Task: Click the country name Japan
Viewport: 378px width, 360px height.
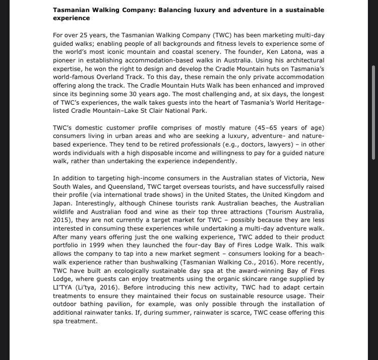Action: (61, 203)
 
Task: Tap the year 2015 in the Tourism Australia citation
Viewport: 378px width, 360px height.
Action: (61, 220)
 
